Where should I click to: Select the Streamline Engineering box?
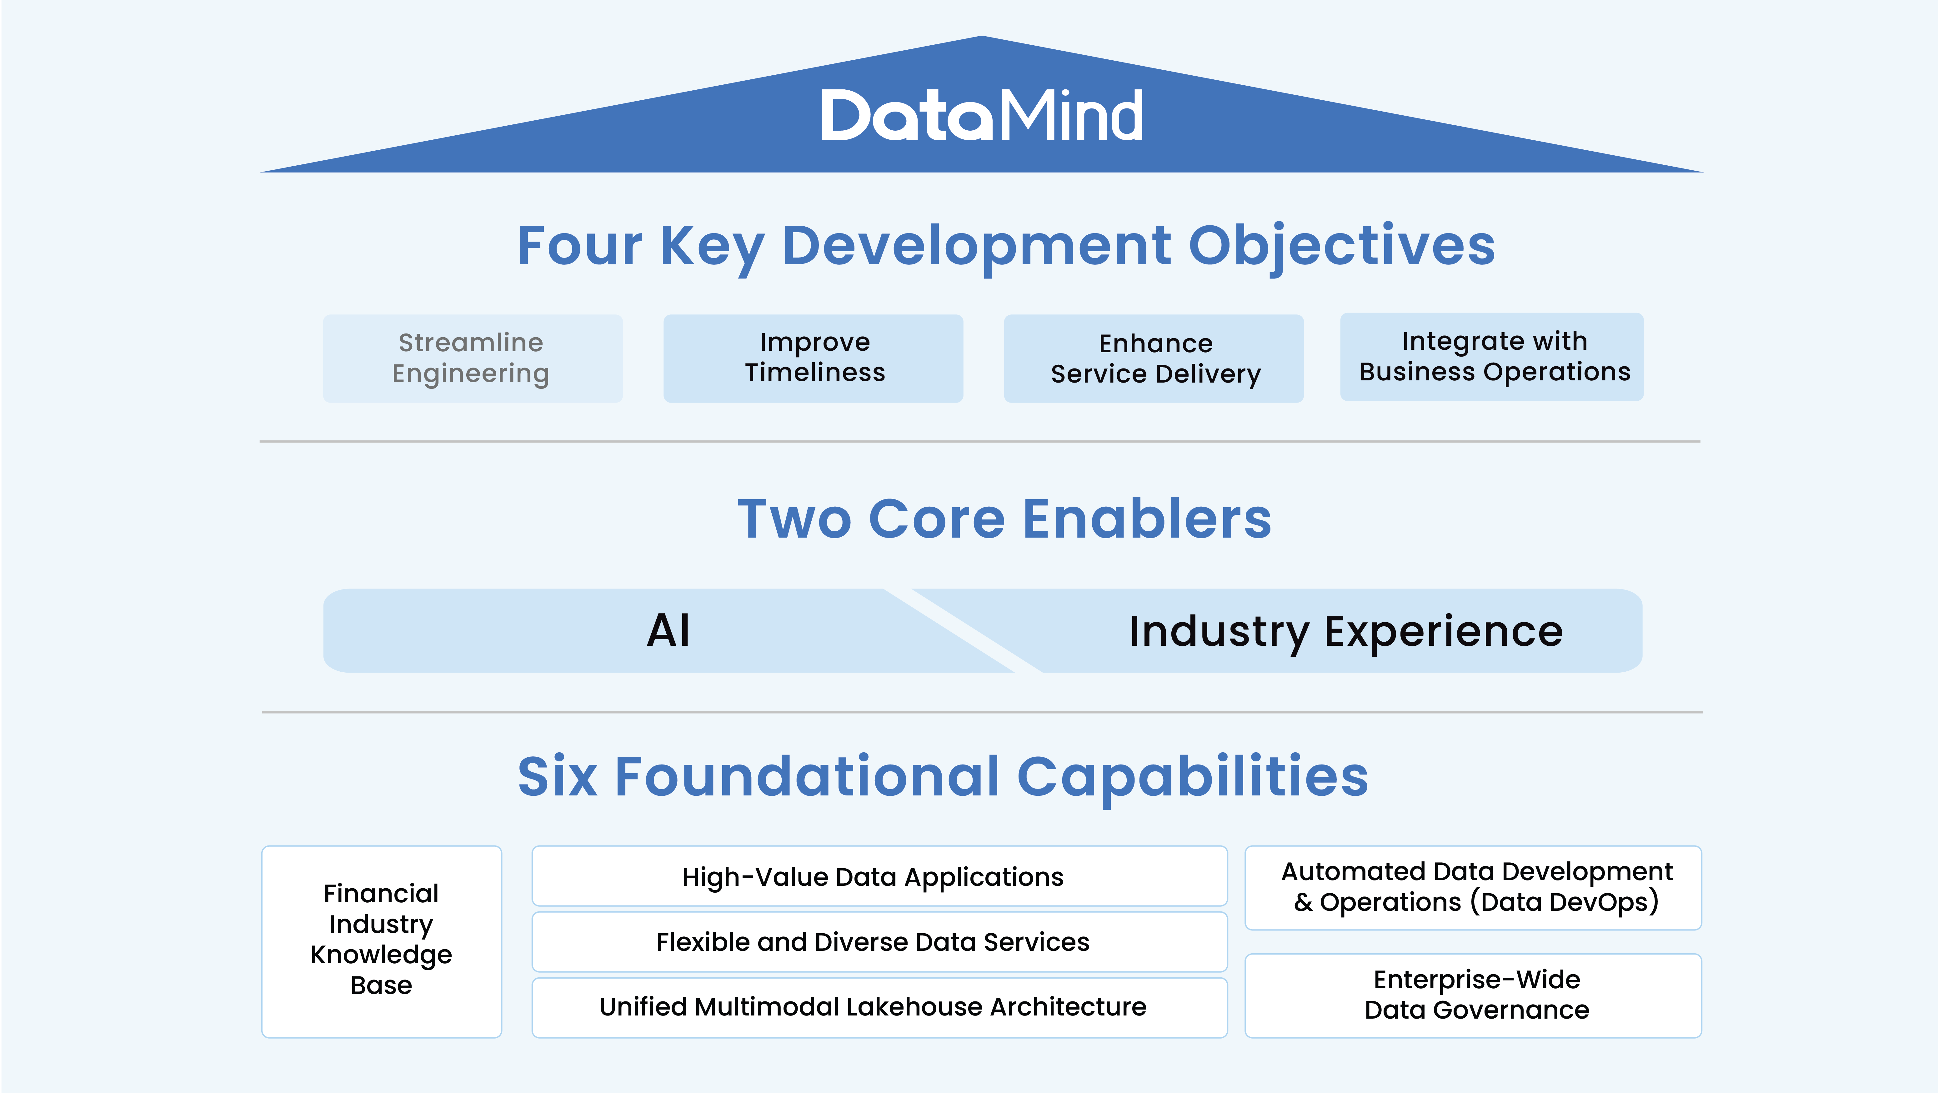pos(473,358)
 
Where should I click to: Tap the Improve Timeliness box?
pos(813,358)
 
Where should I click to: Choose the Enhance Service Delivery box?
pos(1153,358)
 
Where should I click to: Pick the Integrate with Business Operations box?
pos(1492,357)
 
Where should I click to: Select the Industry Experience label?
pos(1346,632)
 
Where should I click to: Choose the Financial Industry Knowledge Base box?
pos(381,942)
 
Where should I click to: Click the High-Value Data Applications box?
pos(879,876)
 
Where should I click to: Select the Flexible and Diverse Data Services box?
pos(879,942)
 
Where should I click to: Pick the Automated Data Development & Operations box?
pos(1473,888)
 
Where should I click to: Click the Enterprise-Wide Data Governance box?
pos(1473,996)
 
